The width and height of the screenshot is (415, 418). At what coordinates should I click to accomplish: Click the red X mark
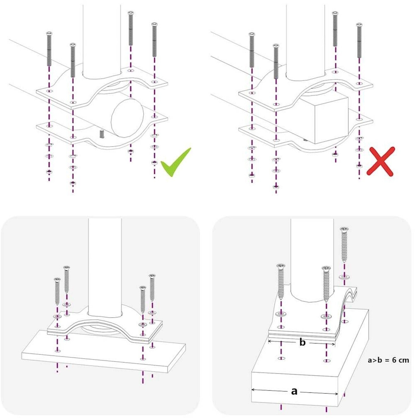tap(381, 161)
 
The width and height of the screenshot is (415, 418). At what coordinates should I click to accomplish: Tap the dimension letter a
tap(294, 391)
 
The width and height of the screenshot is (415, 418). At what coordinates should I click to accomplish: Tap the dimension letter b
tap(302, 342)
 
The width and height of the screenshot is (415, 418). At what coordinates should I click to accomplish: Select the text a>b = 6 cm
tap(388, 360)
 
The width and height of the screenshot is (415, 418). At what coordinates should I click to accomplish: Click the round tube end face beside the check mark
tap(127, 118)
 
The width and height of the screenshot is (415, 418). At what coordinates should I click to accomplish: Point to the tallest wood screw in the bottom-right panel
tap(344, 244)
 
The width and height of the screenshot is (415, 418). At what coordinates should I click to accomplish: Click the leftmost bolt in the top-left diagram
tap(49, 49)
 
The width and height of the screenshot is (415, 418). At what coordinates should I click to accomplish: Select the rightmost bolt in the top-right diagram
tap(359, 40)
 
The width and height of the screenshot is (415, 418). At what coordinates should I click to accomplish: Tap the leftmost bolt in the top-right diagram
tap(252, 50)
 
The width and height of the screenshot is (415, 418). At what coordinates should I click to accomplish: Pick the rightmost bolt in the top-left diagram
tap(154, 39)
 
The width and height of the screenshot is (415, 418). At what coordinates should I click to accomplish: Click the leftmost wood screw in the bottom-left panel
tap(57, 291)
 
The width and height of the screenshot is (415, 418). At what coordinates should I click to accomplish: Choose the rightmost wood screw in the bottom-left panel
tap(152, 287)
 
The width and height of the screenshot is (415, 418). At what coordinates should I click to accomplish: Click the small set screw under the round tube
tap(102, 134)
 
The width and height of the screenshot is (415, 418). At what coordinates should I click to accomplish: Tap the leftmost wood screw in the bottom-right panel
tap(281, 281)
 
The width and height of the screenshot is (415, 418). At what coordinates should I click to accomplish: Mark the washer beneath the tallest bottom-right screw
tap(344, 276)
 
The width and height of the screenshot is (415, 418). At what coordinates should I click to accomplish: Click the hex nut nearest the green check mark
tap(154, 162)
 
